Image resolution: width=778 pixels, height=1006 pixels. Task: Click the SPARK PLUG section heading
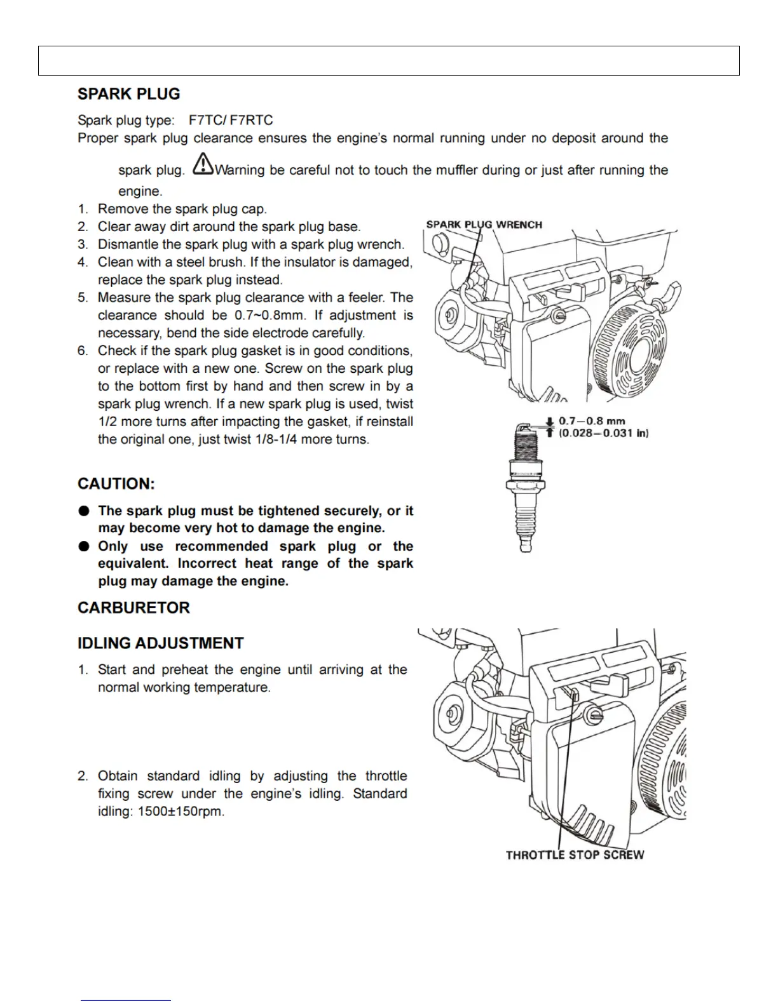click(x=128, y=94)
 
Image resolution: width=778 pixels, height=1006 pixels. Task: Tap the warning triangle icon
click(x=203, y=164)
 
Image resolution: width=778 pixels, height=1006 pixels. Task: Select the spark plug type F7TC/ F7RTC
click(x=231, y=120)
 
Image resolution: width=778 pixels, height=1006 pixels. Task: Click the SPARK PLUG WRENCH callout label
click(x=484, y=224)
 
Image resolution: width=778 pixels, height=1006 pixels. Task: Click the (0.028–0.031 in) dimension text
click(x=603, y=433)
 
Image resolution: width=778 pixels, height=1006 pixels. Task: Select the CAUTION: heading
click(x=116, y=484)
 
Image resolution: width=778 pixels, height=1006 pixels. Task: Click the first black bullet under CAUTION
click(x=84, y=511)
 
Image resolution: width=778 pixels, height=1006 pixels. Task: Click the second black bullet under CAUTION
click(x=84, y=546)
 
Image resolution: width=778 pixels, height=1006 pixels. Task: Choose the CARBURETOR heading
click(x=133, y=608)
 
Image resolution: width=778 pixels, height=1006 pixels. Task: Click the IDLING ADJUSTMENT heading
click(x=160, y=643)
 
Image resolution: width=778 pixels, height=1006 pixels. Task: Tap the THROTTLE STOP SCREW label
click(x=575, y=855)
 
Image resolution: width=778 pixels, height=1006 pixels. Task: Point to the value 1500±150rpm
click(x=181, y=812)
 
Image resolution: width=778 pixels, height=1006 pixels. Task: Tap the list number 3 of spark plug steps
click(x=83, y=245)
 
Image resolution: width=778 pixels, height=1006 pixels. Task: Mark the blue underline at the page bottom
click(x=126, y=1000)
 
